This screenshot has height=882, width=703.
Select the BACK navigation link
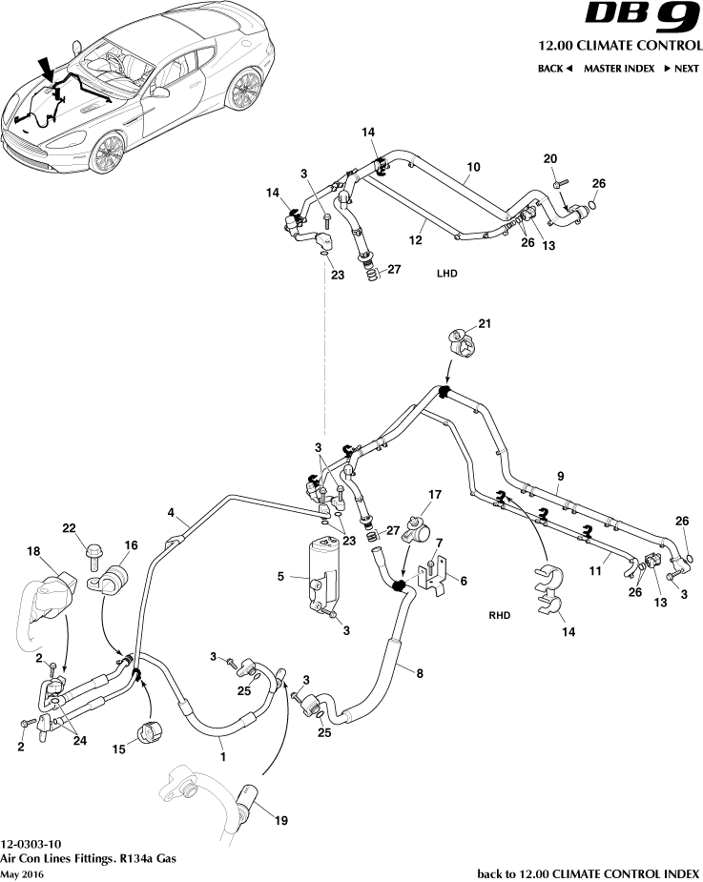pos(554,69)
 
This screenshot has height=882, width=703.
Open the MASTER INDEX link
pos(619,69)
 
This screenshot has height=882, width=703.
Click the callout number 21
pos(485,325)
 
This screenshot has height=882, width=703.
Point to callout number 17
pos(435,495)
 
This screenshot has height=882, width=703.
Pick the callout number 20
pos(549,158)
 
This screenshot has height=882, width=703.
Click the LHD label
pos(447,274)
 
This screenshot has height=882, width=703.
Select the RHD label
pos(498,616)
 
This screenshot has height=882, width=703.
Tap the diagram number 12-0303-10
pos(31,845)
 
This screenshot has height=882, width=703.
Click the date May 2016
pos(22,874)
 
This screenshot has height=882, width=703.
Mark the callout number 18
pos(33,551)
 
